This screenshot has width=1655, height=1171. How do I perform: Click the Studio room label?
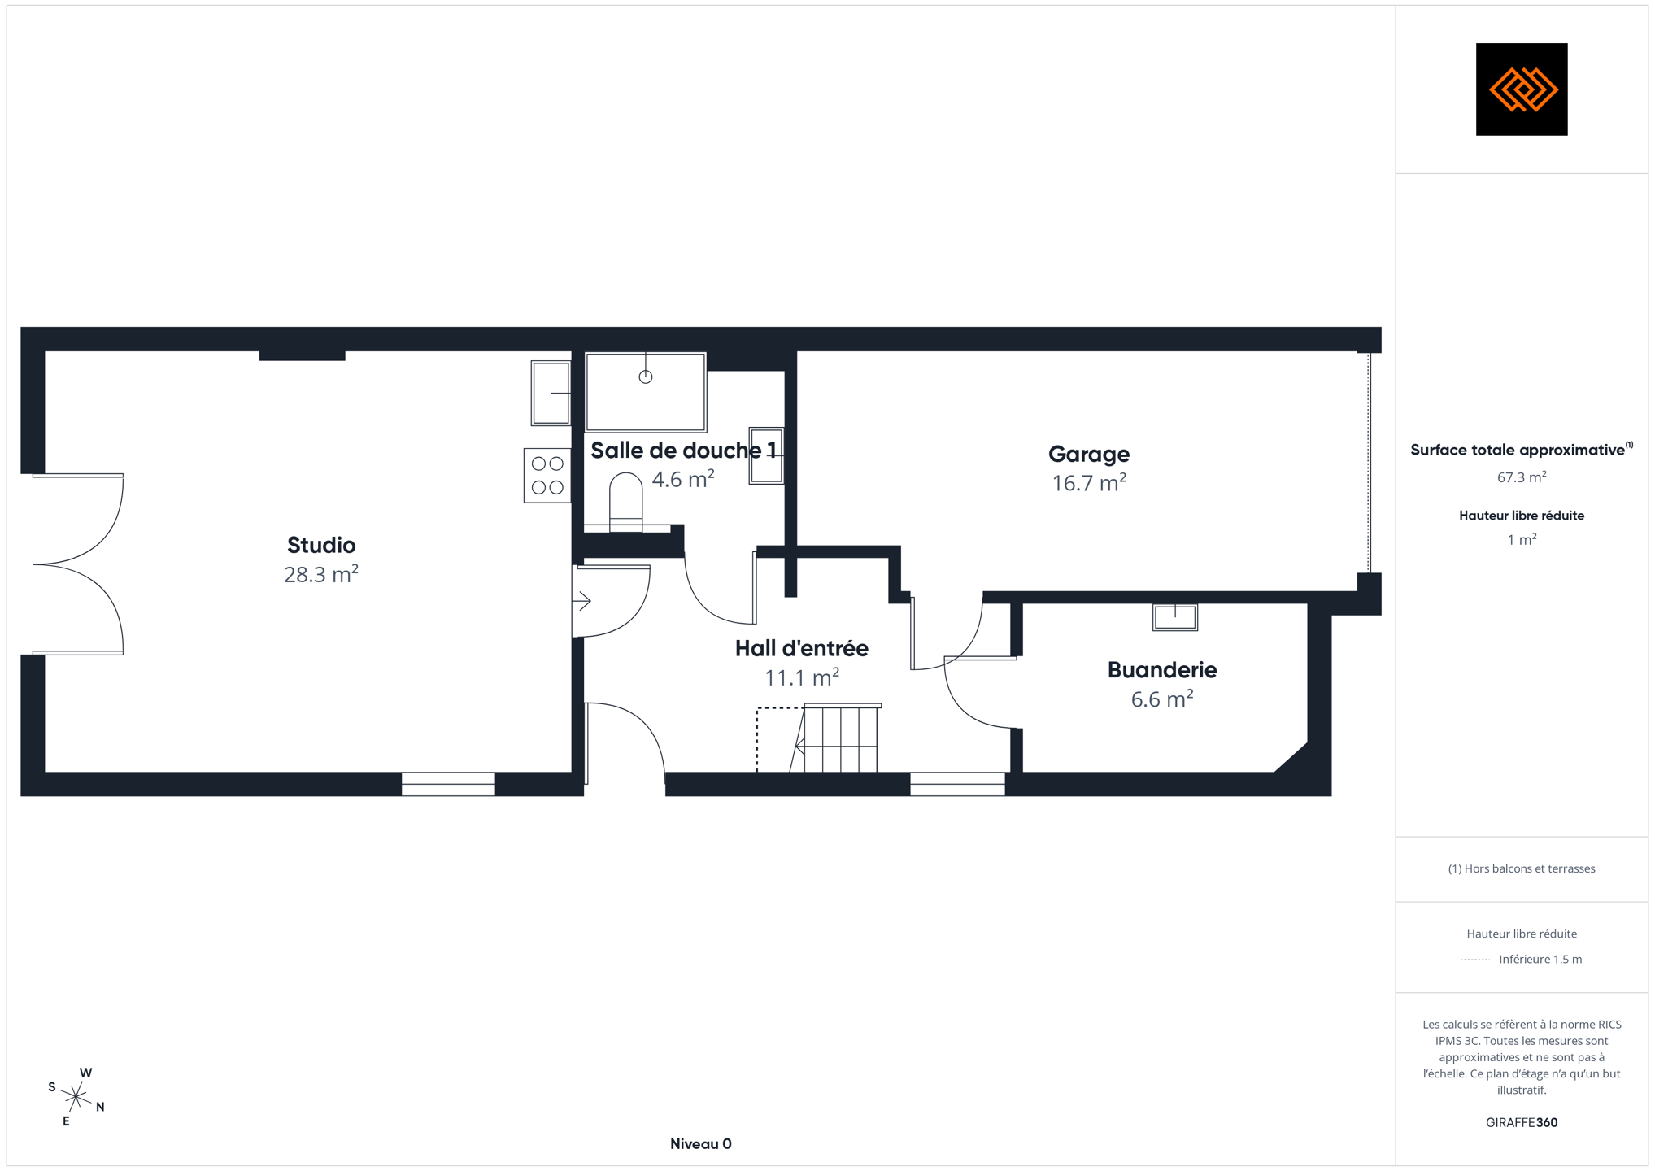pos(321,545)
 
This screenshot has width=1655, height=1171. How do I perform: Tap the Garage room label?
pos(1089,454)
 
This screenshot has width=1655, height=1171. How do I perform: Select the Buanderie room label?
pos(1162,670)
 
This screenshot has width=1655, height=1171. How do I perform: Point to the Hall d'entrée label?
pos(801,648)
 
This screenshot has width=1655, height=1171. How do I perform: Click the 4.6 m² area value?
pos(683,478)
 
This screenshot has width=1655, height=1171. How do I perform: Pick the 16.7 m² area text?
pos(1089,482)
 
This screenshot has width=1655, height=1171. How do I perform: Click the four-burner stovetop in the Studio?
pos(547,476)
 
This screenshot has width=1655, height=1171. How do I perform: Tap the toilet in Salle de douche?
pos(625,503)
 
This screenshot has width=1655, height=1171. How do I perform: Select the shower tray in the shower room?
pos(646,392)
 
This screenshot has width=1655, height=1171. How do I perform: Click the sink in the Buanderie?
pos(1175,617)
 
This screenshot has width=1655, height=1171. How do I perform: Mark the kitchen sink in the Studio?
pos(551,393)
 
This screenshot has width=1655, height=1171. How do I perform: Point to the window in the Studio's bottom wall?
pos(448,784)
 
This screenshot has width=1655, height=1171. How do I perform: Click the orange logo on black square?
pos(1522,89)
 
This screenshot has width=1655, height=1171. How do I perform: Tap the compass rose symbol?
pos(76,1097)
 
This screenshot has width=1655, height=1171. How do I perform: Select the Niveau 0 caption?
pos(701,1144)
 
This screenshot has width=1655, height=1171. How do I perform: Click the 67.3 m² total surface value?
pos(1522,477)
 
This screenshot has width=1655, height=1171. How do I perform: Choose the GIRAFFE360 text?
pos(1522,1122)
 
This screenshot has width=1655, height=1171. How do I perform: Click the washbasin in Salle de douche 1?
pos(766,456)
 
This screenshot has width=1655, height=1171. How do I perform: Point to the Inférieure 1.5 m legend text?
pos(1540,960)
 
